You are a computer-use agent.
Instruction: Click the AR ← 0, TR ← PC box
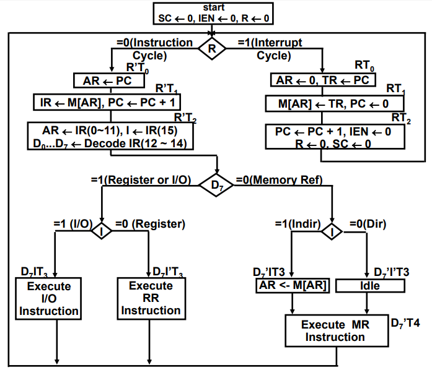click(322, 80)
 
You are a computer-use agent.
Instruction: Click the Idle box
click(371, 286)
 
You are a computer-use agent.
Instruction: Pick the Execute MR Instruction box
click(335, 331)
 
